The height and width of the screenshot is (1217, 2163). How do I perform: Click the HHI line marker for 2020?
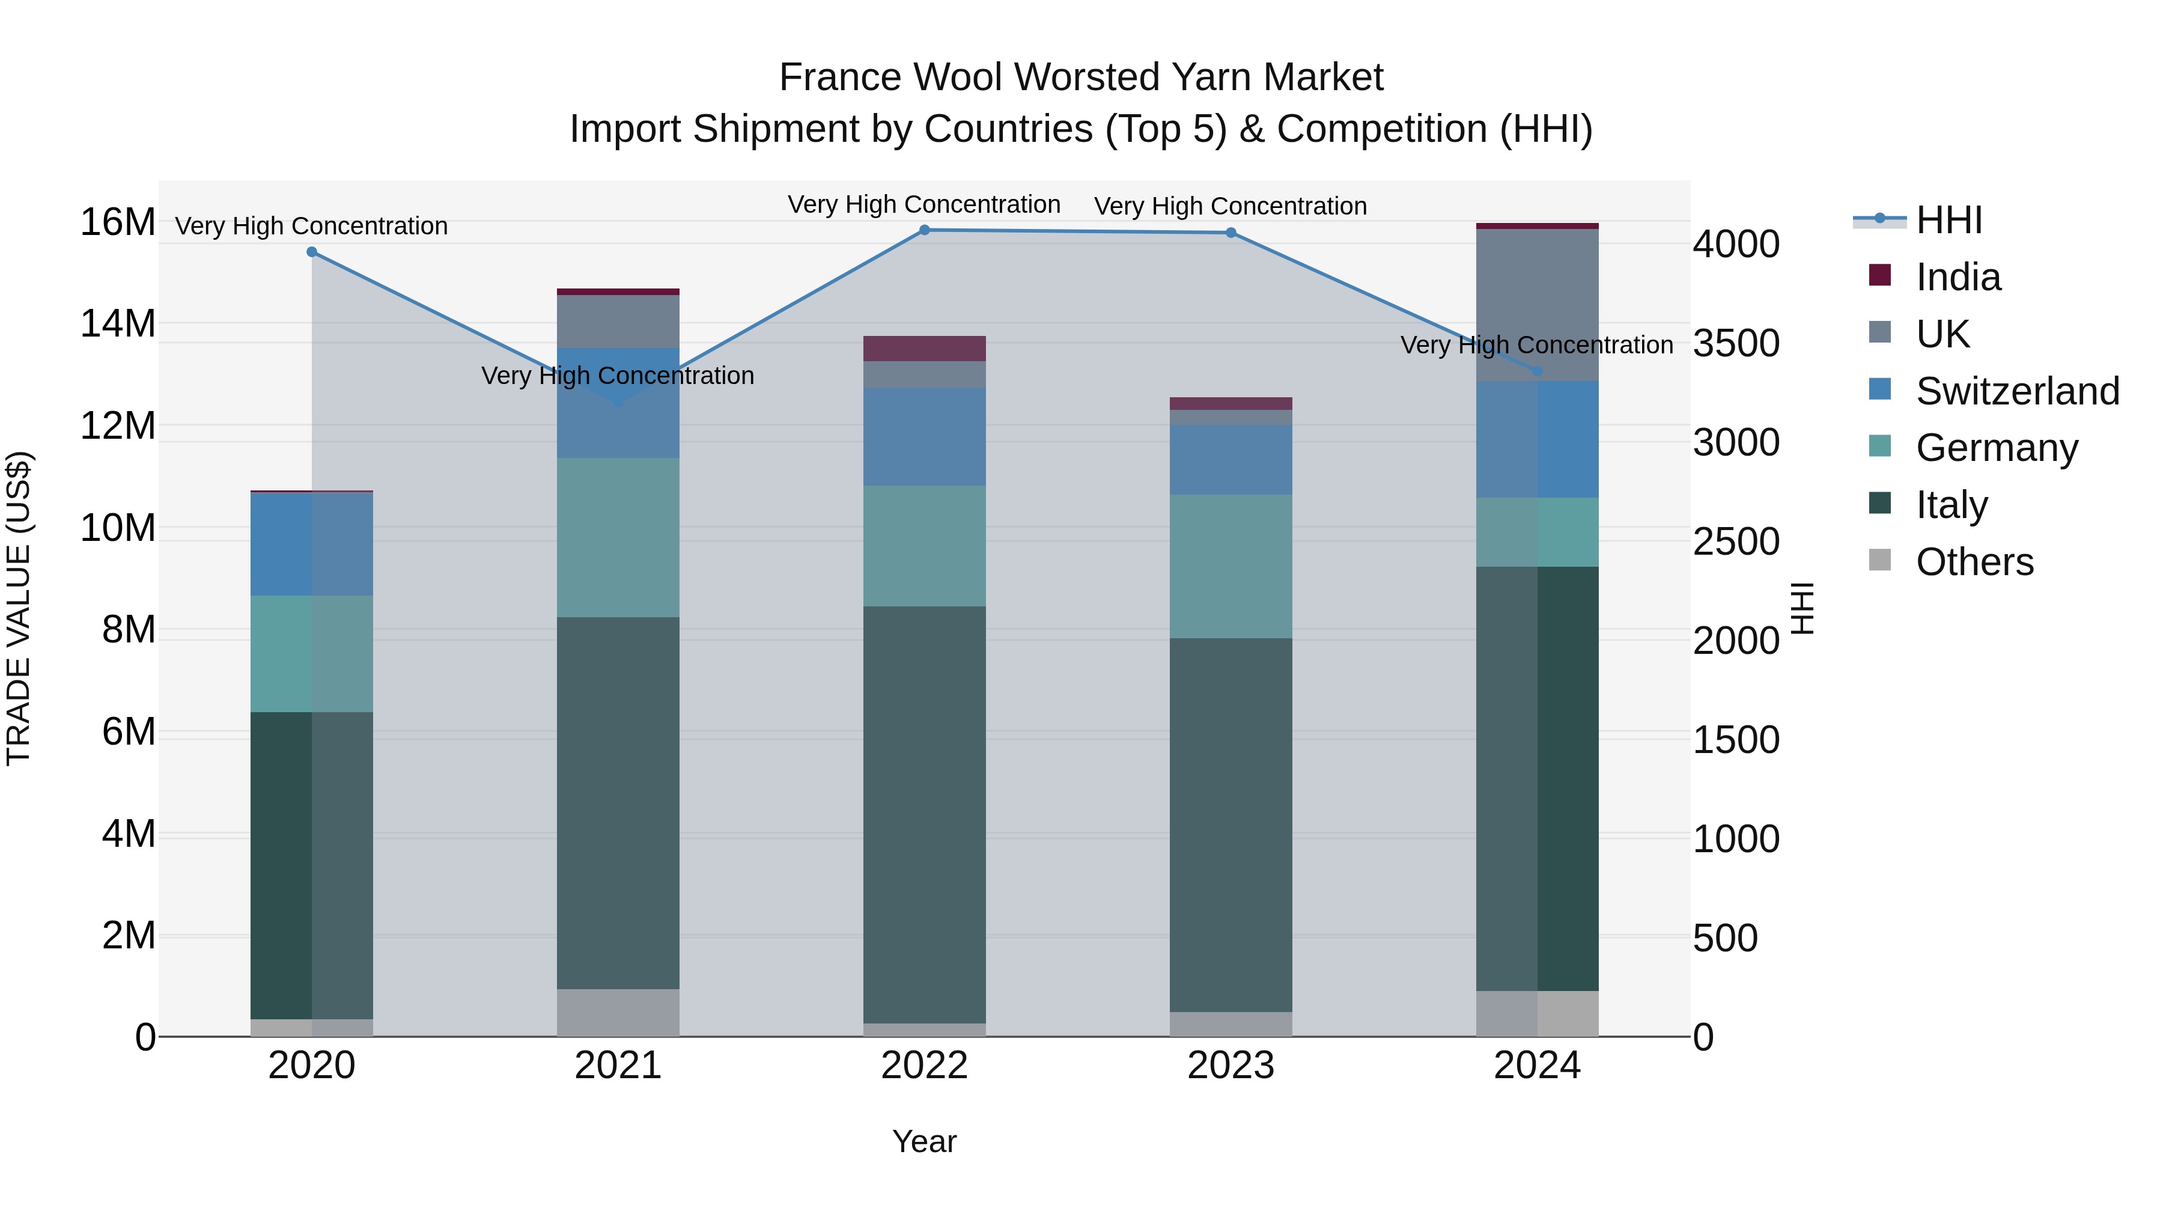(x=311, y=252)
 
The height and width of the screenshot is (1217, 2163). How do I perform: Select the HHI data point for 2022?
(x=925, y=230)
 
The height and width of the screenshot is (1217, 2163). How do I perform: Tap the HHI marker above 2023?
(x=1231, y=233)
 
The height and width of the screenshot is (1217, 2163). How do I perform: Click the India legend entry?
(x=1958, y=277)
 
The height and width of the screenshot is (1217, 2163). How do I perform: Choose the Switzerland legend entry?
(x=2017, y=391)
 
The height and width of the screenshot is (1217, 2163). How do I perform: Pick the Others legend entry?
(x=1974, y=562)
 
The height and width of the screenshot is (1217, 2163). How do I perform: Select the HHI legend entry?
(x=1948, y=220)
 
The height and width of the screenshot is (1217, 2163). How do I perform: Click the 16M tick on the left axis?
(x=118, y=222)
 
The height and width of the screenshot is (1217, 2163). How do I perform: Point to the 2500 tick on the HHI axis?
(x=1736, y=541)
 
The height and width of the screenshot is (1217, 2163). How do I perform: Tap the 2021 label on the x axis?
(x=618, y=1066)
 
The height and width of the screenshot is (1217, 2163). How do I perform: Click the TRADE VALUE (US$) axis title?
(x=19, y=608)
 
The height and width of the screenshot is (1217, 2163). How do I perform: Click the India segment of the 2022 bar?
(x=925, y=349)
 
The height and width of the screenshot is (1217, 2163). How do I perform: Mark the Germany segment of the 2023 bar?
(x=1231, y=566)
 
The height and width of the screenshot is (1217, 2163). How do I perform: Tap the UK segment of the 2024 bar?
(x=1538, y=304)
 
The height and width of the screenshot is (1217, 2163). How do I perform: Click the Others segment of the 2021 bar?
(x=618, y=1012)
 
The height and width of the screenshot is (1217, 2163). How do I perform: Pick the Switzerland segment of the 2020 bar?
(x=311, y=544)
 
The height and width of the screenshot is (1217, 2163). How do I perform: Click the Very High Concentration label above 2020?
(x=311, y=227)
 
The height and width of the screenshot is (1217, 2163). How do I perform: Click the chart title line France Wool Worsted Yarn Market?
(x=1081, y=78)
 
